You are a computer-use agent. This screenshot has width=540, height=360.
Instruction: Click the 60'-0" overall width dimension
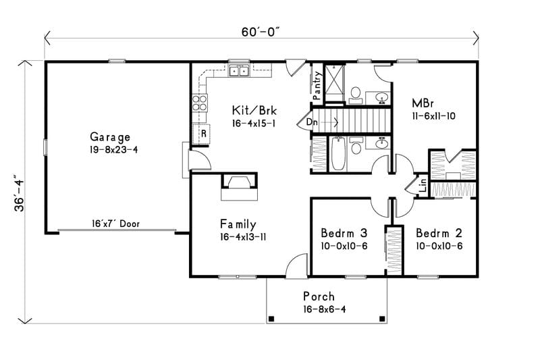(x=261, y=32)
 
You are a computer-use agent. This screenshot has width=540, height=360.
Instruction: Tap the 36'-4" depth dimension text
(x=20, y=195)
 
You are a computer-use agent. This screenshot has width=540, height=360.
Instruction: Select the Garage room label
(x=109, y=137)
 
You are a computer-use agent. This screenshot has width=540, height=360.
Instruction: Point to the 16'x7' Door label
(x=115, y=224)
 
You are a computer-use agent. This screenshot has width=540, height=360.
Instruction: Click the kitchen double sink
(x=238, y=71)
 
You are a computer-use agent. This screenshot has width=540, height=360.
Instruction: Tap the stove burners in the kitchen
(x=200, y=103)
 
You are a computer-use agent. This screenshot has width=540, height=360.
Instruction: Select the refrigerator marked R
(x=202, y=134)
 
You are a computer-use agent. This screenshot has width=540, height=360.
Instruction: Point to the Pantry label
(x=317, y=85)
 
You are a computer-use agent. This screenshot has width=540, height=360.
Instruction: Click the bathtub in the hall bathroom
(x=337, y=154)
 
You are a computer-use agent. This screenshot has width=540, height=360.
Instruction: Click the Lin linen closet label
(x=422, y=185)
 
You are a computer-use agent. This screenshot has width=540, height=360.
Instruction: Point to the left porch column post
(x=271, y=318)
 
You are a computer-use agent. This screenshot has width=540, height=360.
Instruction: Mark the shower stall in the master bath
(x=334, y=82)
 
